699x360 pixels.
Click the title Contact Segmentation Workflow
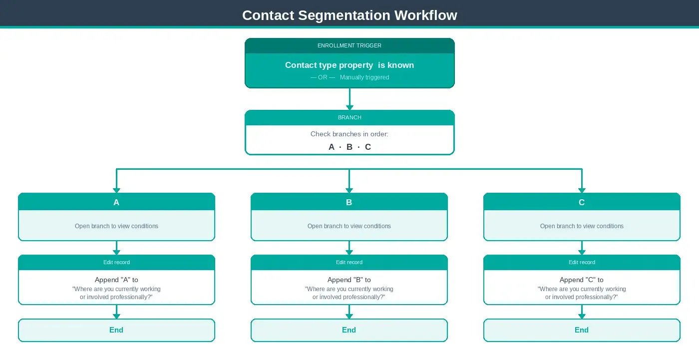click(x=349, y=15)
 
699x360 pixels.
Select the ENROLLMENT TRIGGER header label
click(x=349, y=45)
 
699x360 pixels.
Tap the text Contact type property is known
click(x=349, y=65)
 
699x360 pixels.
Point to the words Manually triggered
click(x=364, y=77)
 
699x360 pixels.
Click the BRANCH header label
click(x=349, y=117)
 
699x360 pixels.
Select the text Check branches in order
click(x=349, y=134)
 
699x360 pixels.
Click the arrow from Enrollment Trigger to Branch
click(x=349, y=99)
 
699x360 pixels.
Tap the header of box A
click(x=116, y=202)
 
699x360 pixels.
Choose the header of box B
click(x=349, y=202)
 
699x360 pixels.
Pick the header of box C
click(x=582, y=202)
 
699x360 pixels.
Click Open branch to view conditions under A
click(x=116, y=226)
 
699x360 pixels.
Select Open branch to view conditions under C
click(x=582, y=226)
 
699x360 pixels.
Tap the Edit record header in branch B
click(x=349, y=262)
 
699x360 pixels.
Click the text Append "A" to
click(x=116, y=280)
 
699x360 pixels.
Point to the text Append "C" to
click(x=582, y=280)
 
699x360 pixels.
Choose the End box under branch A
click(x=116, y=330)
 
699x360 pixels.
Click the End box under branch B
click(x=349, y=330)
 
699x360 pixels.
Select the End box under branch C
click(x=582, y=330)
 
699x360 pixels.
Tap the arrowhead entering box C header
click(x=582, y=190)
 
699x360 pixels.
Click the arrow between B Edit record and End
click(x=349, y=312)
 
